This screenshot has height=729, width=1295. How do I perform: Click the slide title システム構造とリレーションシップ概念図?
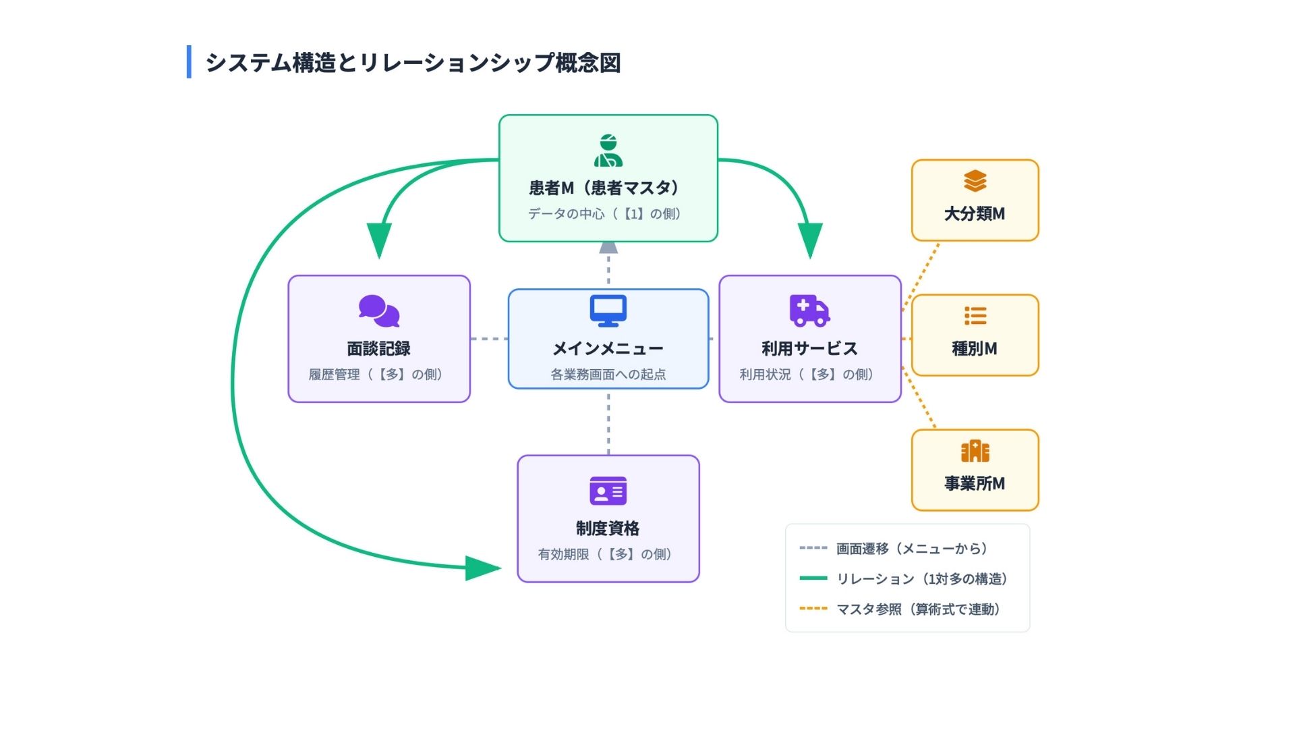pyautogui.click(x=413, y=63)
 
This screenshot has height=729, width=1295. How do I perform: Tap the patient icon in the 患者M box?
pyautogui.click(x=608, y=151)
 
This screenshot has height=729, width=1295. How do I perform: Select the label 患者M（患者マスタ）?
pyautogui.click(x=604, y=188)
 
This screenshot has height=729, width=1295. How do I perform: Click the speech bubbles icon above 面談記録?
pyautogui.click(x=379, y=311)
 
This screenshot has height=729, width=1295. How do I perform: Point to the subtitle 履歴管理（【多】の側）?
pyautogui.click(x=376, y=375)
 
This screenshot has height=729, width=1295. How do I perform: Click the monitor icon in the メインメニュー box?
pyautogui.click(x=608, y=310)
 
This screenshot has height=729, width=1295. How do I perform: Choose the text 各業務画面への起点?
pyautogui.click(x=608, y=375)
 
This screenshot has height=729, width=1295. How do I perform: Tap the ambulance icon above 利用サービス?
pyautogui.click(x=809, y=310)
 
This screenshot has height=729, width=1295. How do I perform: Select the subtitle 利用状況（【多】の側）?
pyautogui.click(x=807, y=375)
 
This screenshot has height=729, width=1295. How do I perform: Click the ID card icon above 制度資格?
pyautogui.click(x=608, y=491)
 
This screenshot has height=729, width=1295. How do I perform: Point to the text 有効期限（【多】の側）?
pyautogui.click(x=605, y=554)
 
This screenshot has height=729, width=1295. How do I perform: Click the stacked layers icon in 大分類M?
pyautogui.click(x=975, y=181)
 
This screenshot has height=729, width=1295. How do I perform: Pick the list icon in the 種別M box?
pyautogui.click(x=975, y=316)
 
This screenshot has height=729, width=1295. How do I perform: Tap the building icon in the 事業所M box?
pyautogui.click(x=975, y=451)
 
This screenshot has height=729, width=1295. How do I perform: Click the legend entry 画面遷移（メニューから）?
pyautogui.click(x=912, y=549)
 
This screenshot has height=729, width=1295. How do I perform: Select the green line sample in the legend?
pyautogui.click(x=813, y=578)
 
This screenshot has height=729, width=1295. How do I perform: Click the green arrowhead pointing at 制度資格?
pyautogui.click(x=482, y=568)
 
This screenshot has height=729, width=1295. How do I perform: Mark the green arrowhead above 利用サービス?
pyautogui.click(x=810, y=240)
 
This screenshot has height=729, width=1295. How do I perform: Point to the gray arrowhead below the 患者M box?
pyautogui.click(x=608, y=247)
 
